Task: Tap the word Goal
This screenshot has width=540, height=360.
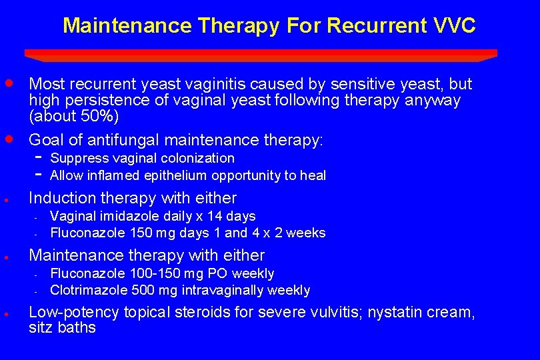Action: click(x=46, y=140)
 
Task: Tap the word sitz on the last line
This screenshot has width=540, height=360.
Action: click(x=42, y=328)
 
